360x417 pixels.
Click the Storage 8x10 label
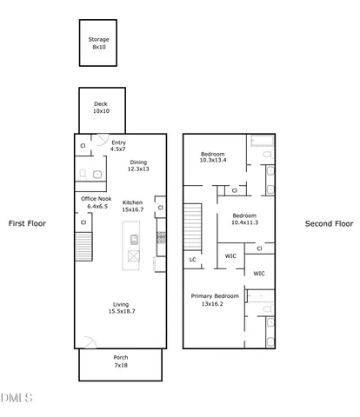[x=98, y=43]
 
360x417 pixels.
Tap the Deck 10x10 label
[x=101, y=108]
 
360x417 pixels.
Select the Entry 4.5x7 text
[x=118, y=146]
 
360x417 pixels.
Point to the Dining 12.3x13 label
[x=139, y=166]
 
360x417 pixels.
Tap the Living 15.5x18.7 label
[x=122, y=308]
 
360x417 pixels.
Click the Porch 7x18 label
[x=121, y=361]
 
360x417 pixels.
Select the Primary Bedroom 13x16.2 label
[x=213, y=300]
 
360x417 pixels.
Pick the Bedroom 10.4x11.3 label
[x=243, y=219]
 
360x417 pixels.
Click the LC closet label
[x=192, y=259]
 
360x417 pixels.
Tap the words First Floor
[x=27, y=223]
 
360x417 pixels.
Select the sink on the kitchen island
[x=134, y=238]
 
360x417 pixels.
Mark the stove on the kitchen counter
[x=161, y=236]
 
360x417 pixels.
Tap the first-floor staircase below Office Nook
[x=83, y=249]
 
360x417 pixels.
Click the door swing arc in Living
[x=87, y=341]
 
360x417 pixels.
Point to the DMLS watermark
[x=17, y=398]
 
